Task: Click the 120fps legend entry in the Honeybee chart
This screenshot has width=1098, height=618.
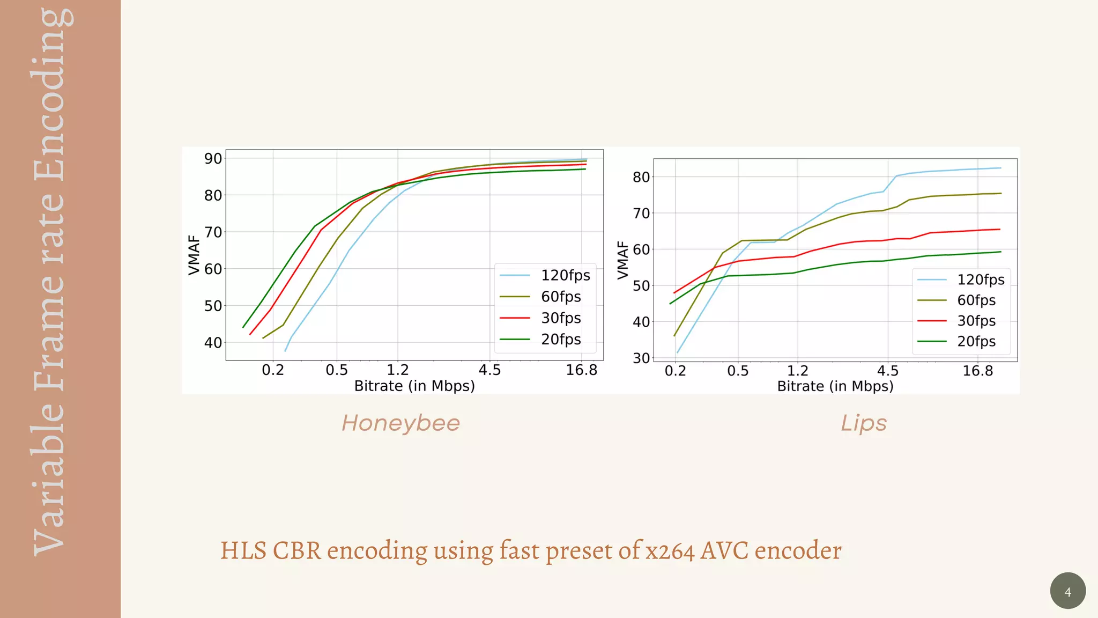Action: pyautogui.click(x=565, y=275)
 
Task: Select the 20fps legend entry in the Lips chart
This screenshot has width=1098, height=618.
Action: pyautogui.click(x=976, y=341)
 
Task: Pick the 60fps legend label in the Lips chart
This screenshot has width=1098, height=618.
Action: pyautogui.click(x=976, y=300)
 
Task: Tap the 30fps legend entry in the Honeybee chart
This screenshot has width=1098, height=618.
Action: pyautogui.click(x=560, y=318)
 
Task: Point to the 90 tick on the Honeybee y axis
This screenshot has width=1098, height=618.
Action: pyautogui.click(x=213, y=159)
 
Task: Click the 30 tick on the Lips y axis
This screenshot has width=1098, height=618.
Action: pyautogui.click(x=641, y=358)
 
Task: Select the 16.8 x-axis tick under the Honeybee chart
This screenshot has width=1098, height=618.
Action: pyautogui.click(x=581, y=370)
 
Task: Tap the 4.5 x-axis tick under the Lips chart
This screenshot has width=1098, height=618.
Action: pyautogui.click(x=887, y=371)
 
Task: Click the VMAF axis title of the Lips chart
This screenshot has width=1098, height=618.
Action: pyautogui.click(x=622, y=260)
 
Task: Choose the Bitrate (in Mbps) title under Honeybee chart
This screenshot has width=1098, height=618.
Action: pyautogui.click(x=414, y=386)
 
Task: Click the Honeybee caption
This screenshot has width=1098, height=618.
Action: pyautogui.click(x=400, y=423)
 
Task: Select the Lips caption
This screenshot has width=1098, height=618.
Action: pyautogui.click(x=863, y=423)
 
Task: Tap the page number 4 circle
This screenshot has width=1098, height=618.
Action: pyautogui.click(x=1067, y=591)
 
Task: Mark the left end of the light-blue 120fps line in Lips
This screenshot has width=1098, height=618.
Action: pyautogui.click(x=678, y=352)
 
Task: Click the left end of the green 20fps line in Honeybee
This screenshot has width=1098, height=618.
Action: pyautogui.click(x=243, y=327)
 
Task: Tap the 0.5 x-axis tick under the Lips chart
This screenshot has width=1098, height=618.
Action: pyautogui.click(x=738, y=371)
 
